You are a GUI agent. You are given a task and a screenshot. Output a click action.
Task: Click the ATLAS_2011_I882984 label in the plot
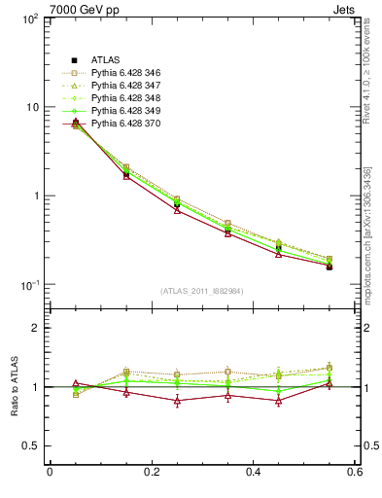click(202, 291)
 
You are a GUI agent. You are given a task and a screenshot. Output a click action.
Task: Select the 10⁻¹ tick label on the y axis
click(29, 285)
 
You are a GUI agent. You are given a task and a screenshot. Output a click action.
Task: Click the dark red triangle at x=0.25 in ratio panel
click(177, 401)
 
